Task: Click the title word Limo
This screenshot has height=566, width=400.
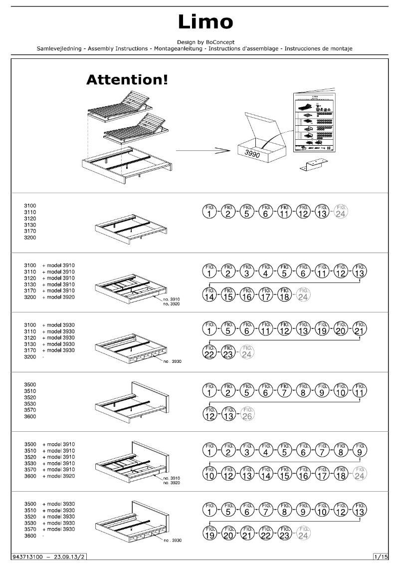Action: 205,21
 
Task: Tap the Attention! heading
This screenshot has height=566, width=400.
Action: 127,79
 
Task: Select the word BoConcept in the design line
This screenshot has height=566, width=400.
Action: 218,42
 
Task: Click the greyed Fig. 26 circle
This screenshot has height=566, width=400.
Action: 246,413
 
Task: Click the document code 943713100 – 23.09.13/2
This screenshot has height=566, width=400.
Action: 49,556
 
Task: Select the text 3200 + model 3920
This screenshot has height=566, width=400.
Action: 50,297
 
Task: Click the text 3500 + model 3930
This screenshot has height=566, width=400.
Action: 50,504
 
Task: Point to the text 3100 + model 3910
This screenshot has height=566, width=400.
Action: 50,265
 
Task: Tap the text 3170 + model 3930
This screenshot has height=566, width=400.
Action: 50,350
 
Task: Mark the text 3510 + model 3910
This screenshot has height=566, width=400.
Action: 50,451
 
